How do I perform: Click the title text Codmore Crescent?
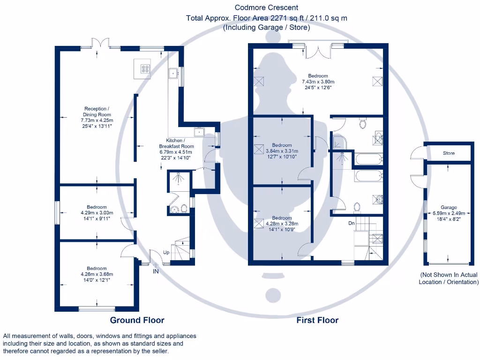pos(267,7)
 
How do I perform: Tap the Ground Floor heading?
pos(137,320)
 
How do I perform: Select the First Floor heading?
pos(317,320)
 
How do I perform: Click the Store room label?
pos(449,153)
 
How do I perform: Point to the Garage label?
pos(448,207)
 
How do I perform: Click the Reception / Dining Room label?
pos(97,112)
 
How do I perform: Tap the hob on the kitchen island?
pos(145,69)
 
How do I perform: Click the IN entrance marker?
pos(156,271)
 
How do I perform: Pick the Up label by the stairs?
pos(166,252)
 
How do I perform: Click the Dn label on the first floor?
pos(351,223)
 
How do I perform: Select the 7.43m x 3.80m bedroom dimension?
pos(318,82)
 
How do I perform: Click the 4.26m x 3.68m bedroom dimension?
pos(97,274)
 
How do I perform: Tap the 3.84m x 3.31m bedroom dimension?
pos(282,151)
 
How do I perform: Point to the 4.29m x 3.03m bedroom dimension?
pos(97,212)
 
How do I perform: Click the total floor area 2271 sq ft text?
pos(267,18)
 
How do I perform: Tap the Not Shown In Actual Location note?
pos(449,278)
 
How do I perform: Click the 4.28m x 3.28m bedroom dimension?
pos(282,224)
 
